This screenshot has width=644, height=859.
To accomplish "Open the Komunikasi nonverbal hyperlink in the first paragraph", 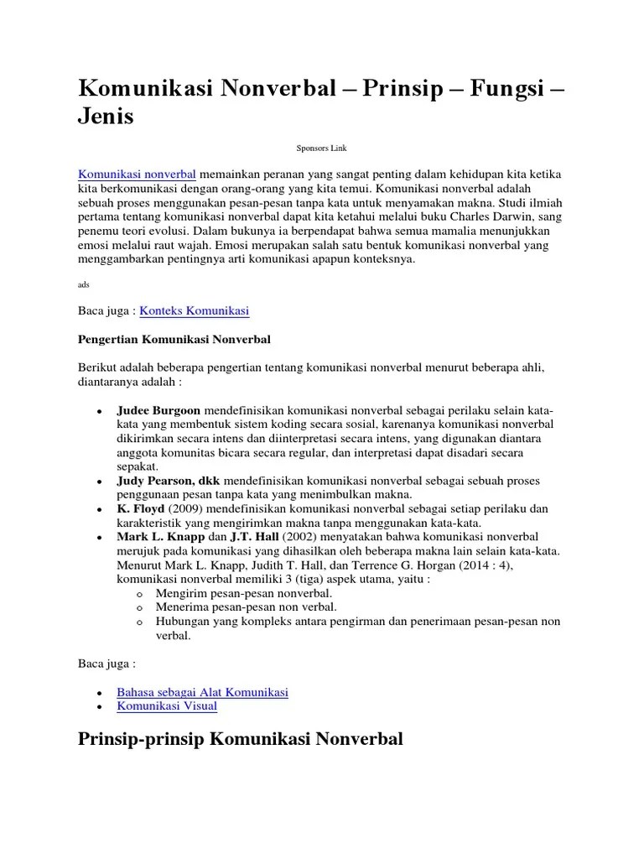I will pos(138,174).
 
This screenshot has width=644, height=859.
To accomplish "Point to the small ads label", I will pos(83,284).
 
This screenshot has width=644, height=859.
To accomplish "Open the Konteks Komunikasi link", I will pos(195,311).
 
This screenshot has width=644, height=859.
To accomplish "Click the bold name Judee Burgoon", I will pos(158,411).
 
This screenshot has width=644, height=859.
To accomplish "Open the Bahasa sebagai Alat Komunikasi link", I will pos(202,692).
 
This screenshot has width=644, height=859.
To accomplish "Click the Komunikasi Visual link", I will pos(167,706).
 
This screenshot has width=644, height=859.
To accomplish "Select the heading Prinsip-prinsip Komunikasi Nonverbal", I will pos(241,739).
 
